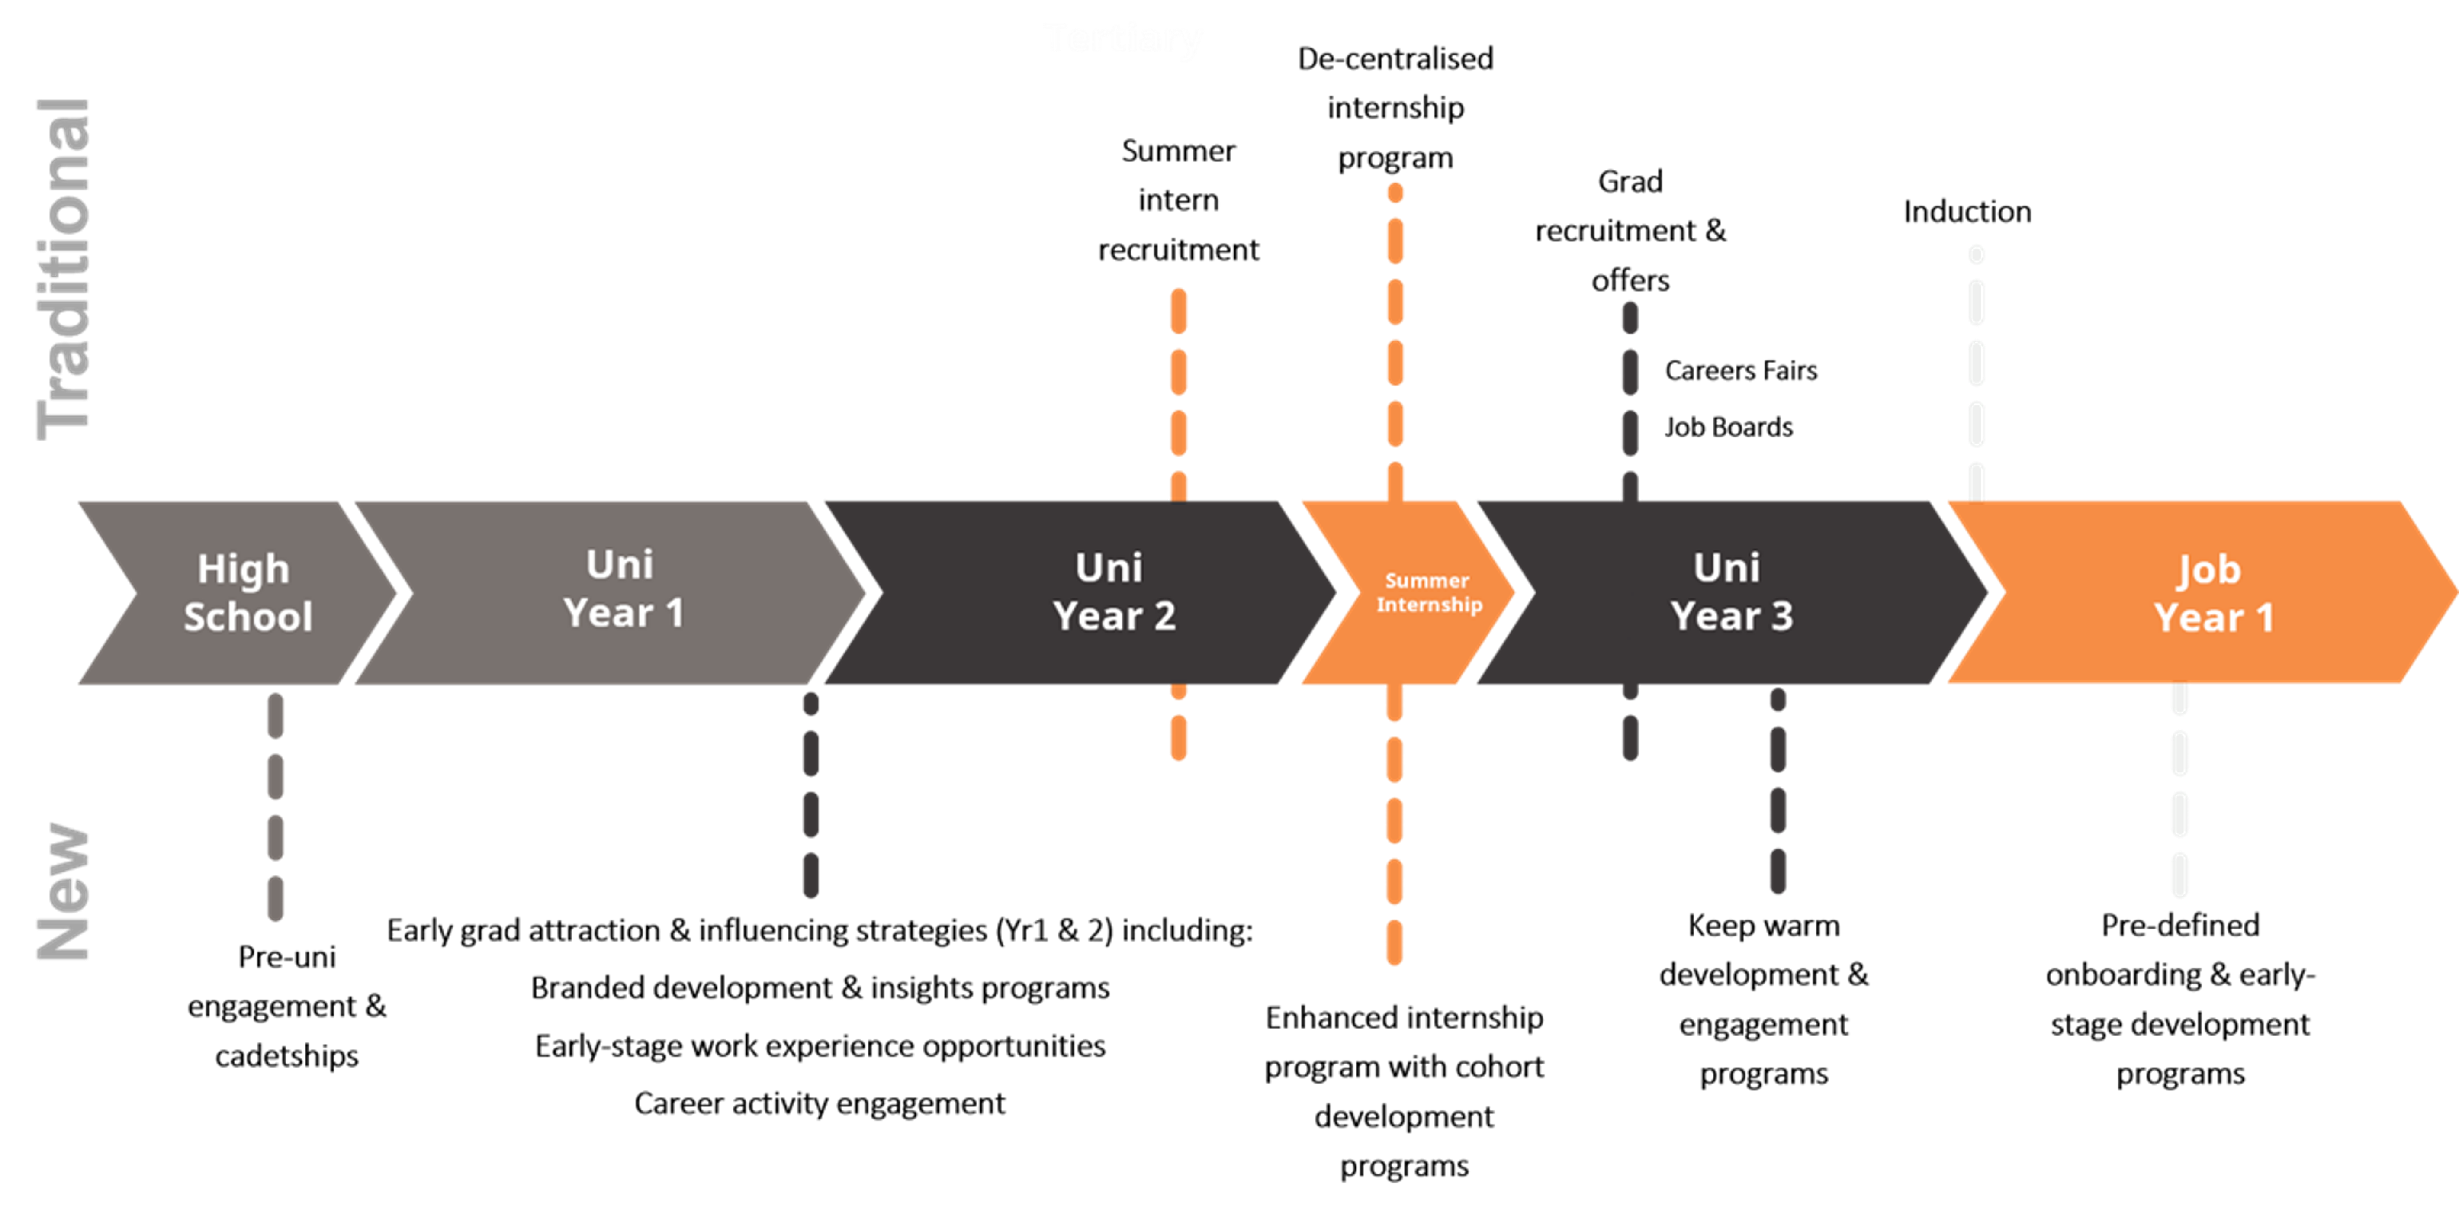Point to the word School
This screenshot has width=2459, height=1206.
(248, 617)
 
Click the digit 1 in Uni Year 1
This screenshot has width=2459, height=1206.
(675, 613)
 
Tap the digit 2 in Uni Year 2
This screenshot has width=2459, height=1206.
(1164, 616)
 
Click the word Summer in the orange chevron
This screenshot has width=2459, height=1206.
(1427, 581)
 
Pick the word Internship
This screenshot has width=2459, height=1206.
(1429, 605)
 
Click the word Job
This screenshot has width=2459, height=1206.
(2208, 570)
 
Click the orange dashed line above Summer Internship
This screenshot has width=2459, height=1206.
(1395, 334)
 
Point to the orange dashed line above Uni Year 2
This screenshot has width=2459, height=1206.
(1179, 392)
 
